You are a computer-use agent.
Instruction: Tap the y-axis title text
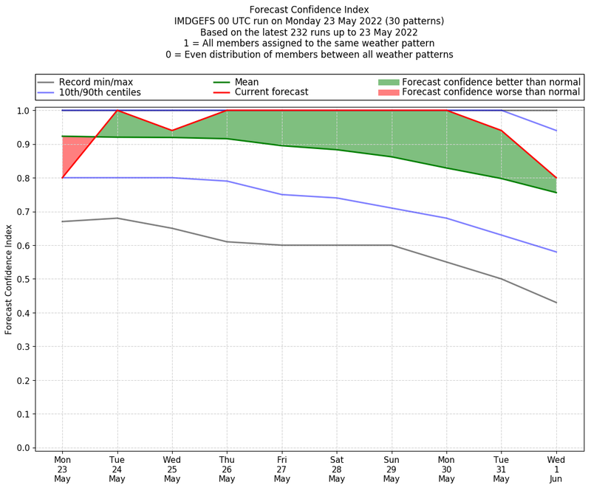[9, 279]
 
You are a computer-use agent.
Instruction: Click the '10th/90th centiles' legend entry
[100, 93]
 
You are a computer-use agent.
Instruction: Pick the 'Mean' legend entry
[247, 82]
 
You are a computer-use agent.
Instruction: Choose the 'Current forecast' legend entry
[271, 93]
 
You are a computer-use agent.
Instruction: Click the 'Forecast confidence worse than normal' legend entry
[491, 93]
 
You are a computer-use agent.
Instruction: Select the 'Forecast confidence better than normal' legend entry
[491, 82]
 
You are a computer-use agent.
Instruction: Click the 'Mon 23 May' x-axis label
[62, 469]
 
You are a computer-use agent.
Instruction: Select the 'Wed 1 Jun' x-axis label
[556, 469]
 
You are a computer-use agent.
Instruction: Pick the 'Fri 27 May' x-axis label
[281, 469]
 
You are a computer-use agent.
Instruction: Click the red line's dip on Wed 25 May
[172, 131]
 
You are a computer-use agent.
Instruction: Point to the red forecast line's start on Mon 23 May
[62, 178]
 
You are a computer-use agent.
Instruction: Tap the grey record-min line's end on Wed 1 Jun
[556, 303]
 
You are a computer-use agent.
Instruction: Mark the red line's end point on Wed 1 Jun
[556, 178]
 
